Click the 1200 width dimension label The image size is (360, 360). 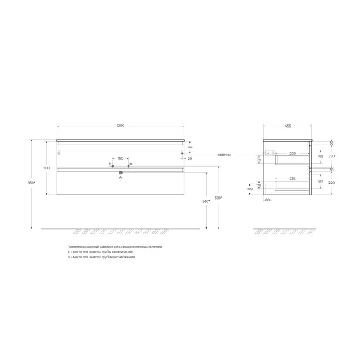click(121, 127)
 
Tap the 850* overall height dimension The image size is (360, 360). click(32, 183)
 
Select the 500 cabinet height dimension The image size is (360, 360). click(46, 168)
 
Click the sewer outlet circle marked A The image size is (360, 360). click(121, 172)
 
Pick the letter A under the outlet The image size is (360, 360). click(121, 178)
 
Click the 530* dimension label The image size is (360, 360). click(206, 201)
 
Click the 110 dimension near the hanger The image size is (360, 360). click(189, 147)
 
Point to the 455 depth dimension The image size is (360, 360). click(288, 127)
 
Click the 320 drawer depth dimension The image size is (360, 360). click(292, 153)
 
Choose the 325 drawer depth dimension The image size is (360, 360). click(292, 179)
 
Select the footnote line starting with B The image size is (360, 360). click(101, 257)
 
